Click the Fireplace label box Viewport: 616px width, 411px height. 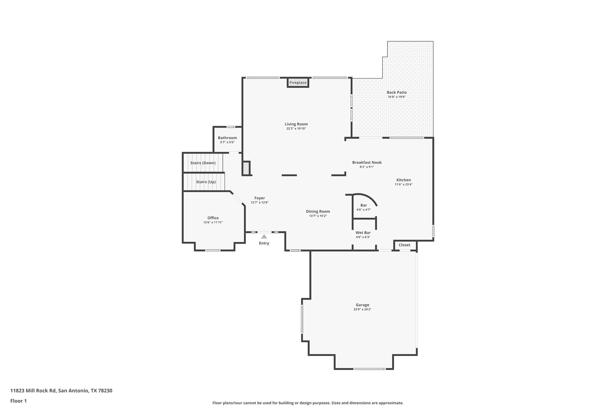click(x=298, y=83)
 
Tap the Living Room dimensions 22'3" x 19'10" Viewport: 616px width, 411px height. click(x=296, y=129)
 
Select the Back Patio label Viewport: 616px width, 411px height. click(x=396, y=92)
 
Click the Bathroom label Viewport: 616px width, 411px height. click(x=227, y=138)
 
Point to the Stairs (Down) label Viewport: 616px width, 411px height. click(x=203, y=163)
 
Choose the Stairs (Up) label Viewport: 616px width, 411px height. click(x=206, y=182)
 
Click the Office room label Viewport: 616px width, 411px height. click(x=213, y=218)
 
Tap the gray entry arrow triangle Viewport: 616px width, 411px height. click(x=264, y=237)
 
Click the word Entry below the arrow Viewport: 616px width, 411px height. click(x=264, y=243)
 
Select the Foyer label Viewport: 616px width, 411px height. click(x=260, y=198)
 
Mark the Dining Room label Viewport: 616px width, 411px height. click(x=318, y=211)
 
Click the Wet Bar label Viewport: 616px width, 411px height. click(x=363, y=233)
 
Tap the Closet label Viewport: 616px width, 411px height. click(x=404, y=245)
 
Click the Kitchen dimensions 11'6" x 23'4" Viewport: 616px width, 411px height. click(x=403, y=185)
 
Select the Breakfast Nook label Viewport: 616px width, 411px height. click(x=367, y=163)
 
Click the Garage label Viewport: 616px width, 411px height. click(x=362, y=305)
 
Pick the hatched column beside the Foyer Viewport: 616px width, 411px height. click(x=246, y=168)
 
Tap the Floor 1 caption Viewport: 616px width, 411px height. click(x=18, y=401)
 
